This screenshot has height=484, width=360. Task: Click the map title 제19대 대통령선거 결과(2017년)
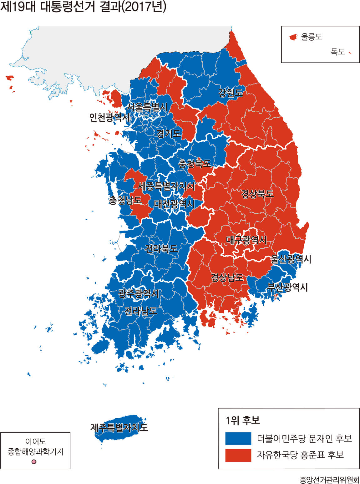(x=83, y=7)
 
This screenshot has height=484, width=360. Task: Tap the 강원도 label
(x=230, y=93)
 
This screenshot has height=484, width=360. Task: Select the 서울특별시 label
(x=147, y=107)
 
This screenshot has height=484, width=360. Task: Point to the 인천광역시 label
(x=109, y=117)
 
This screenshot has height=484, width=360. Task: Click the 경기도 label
(x=169, y=134)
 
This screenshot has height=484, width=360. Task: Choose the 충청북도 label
(x=195, y=163)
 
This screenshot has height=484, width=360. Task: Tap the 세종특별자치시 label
(x=166, y=186)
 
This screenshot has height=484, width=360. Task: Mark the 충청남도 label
(x=125, y=200)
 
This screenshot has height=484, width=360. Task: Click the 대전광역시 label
(x=174, y=204)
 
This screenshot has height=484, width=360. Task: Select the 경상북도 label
(x=257, y=194)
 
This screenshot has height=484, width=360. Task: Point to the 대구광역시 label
(x=246, y=240)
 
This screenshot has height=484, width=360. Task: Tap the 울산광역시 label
(x=291, y=259)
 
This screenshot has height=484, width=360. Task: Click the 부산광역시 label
(x=287, y=287)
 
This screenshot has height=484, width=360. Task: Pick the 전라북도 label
(x=161, y=249)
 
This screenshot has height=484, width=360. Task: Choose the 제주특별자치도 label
(x=119, y=427)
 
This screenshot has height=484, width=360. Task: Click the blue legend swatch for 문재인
(x=238, y=439)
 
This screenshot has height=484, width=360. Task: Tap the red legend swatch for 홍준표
(x=238, y=455)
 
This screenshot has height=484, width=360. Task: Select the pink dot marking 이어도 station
(x=34, y=461)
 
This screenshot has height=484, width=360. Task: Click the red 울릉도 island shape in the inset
(x=293, y=38)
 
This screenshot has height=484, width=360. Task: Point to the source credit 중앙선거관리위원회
(x=329, y=480)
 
